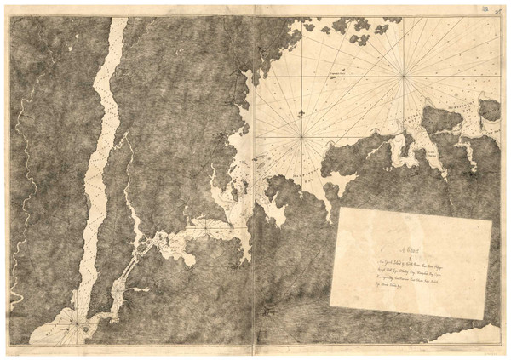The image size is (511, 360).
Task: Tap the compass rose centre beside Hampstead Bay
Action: click(300, 135)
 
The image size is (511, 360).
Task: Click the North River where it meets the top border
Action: click(118, 21)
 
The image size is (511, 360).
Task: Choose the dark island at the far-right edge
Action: click(489, 110)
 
